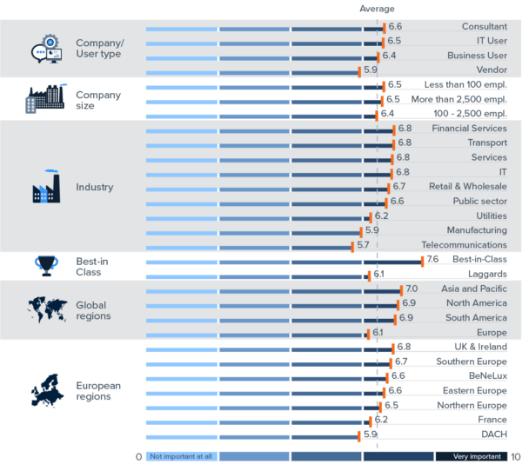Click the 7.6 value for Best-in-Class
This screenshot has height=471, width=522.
[432, 259]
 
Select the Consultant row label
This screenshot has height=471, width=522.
[484, 27]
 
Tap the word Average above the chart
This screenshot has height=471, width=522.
[377, 9]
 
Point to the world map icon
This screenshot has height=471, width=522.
[47, 309]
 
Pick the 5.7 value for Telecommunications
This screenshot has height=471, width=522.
[363, 245]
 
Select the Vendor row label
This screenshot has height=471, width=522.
[492, 70]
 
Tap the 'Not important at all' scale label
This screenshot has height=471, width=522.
[182, 456]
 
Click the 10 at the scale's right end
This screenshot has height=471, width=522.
[515, 456]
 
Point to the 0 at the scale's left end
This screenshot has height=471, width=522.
[138, 456]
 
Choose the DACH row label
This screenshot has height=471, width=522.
[492, 435]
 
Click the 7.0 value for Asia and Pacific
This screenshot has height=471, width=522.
[412, 289]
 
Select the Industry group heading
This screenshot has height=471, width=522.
[94, 187]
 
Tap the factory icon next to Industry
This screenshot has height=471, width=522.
[46, 187]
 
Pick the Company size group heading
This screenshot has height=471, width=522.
[98, 100]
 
